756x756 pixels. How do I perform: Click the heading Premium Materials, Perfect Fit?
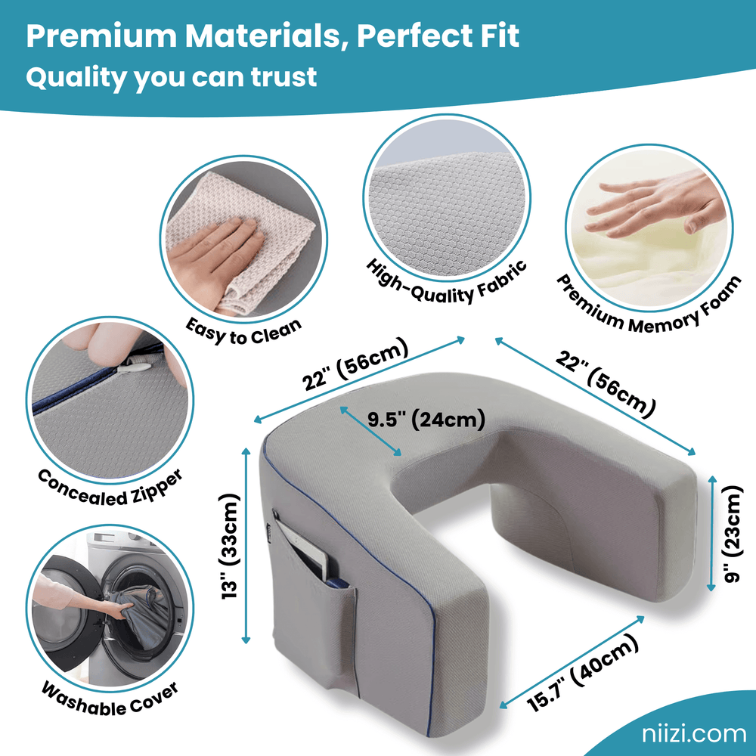[x=272, y=36]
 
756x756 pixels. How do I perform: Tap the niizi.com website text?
[x=689, y=733]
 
